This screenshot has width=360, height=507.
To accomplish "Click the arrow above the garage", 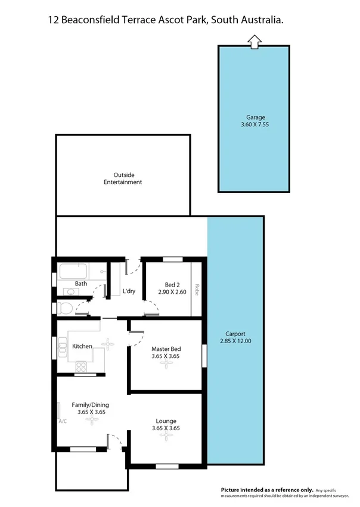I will pos(255,41).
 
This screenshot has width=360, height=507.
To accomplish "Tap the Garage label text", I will pos(256,117).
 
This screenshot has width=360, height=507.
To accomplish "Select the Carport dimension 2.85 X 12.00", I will pos(235,341).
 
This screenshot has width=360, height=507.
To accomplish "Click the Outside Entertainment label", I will pos(123,179).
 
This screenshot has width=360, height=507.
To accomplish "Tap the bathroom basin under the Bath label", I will pos(70,292).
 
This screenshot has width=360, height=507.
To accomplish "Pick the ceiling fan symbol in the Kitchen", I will pos(108,343).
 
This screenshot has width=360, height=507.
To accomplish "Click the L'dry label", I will pos(129,291).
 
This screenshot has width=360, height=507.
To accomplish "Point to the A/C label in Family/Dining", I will pos(62,422).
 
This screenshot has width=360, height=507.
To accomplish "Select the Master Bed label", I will pos(166,349).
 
